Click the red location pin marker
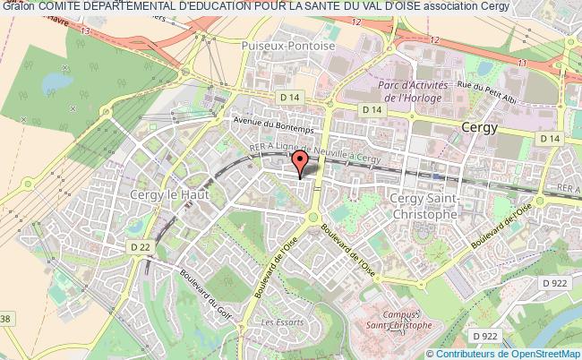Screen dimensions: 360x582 (300, 161)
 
